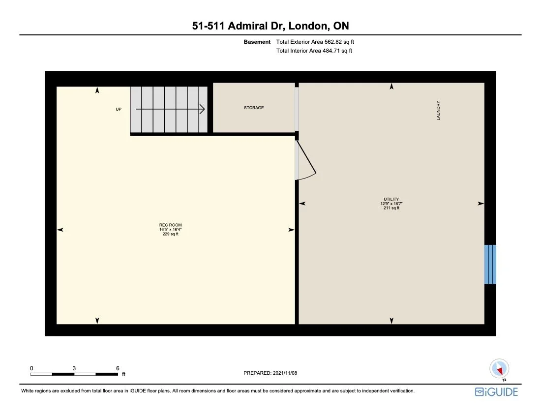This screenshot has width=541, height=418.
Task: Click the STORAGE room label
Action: point(254,108)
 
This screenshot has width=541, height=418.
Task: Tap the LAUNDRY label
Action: point(438,111)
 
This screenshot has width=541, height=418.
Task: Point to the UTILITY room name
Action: point(391,199)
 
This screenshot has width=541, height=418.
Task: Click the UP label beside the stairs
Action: point(119,109)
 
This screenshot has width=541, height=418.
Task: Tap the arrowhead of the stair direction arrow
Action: point(202,109)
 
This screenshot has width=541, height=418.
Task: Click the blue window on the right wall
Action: point(490,264)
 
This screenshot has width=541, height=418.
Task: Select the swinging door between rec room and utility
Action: point(305,160)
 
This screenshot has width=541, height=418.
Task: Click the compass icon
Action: point(499,369)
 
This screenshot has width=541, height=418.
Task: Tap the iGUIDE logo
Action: point(497,392)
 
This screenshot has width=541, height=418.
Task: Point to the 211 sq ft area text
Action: point(391,208)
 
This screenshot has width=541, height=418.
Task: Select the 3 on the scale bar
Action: point(74,368)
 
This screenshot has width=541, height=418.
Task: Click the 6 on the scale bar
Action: point(118,368)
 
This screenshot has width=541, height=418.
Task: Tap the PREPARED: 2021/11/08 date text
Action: point(270,373)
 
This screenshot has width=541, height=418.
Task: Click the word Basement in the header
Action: point(257,42)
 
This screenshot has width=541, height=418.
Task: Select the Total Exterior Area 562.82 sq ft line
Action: point(315,42)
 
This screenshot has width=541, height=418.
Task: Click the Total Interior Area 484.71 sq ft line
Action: point(314,51)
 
